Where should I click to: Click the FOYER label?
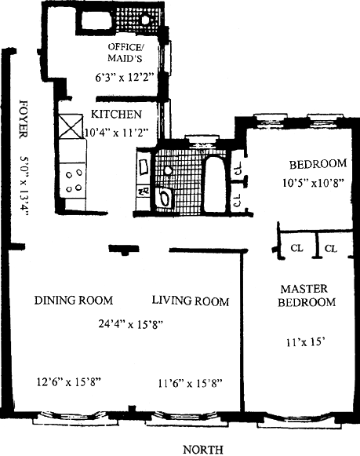24,119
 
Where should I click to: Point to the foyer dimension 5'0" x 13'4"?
24,187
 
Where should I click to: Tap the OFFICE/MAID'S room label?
125,53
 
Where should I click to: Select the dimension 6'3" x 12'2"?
124,78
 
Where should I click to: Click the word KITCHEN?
116,114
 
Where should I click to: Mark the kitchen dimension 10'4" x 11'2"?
117,133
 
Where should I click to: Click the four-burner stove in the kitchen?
73,181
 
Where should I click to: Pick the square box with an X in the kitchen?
71,127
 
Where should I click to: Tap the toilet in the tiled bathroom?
163,198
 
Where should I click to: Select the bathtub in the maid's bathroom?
95,20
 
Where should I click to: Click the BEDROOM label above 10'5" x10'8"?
318,164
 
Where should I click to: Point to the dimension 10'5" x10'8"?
314,183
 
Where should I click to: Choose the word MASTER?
304,289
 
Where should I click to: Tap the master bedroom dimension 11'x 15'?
304,342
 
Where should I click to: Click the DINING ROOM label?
74,300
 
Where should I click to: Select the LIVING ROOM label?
191,301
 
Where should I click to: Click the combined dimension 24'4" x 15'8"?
132,324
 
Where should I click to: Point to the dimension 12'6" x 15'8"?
68,381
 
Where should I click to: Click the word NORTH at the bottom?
203,449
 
